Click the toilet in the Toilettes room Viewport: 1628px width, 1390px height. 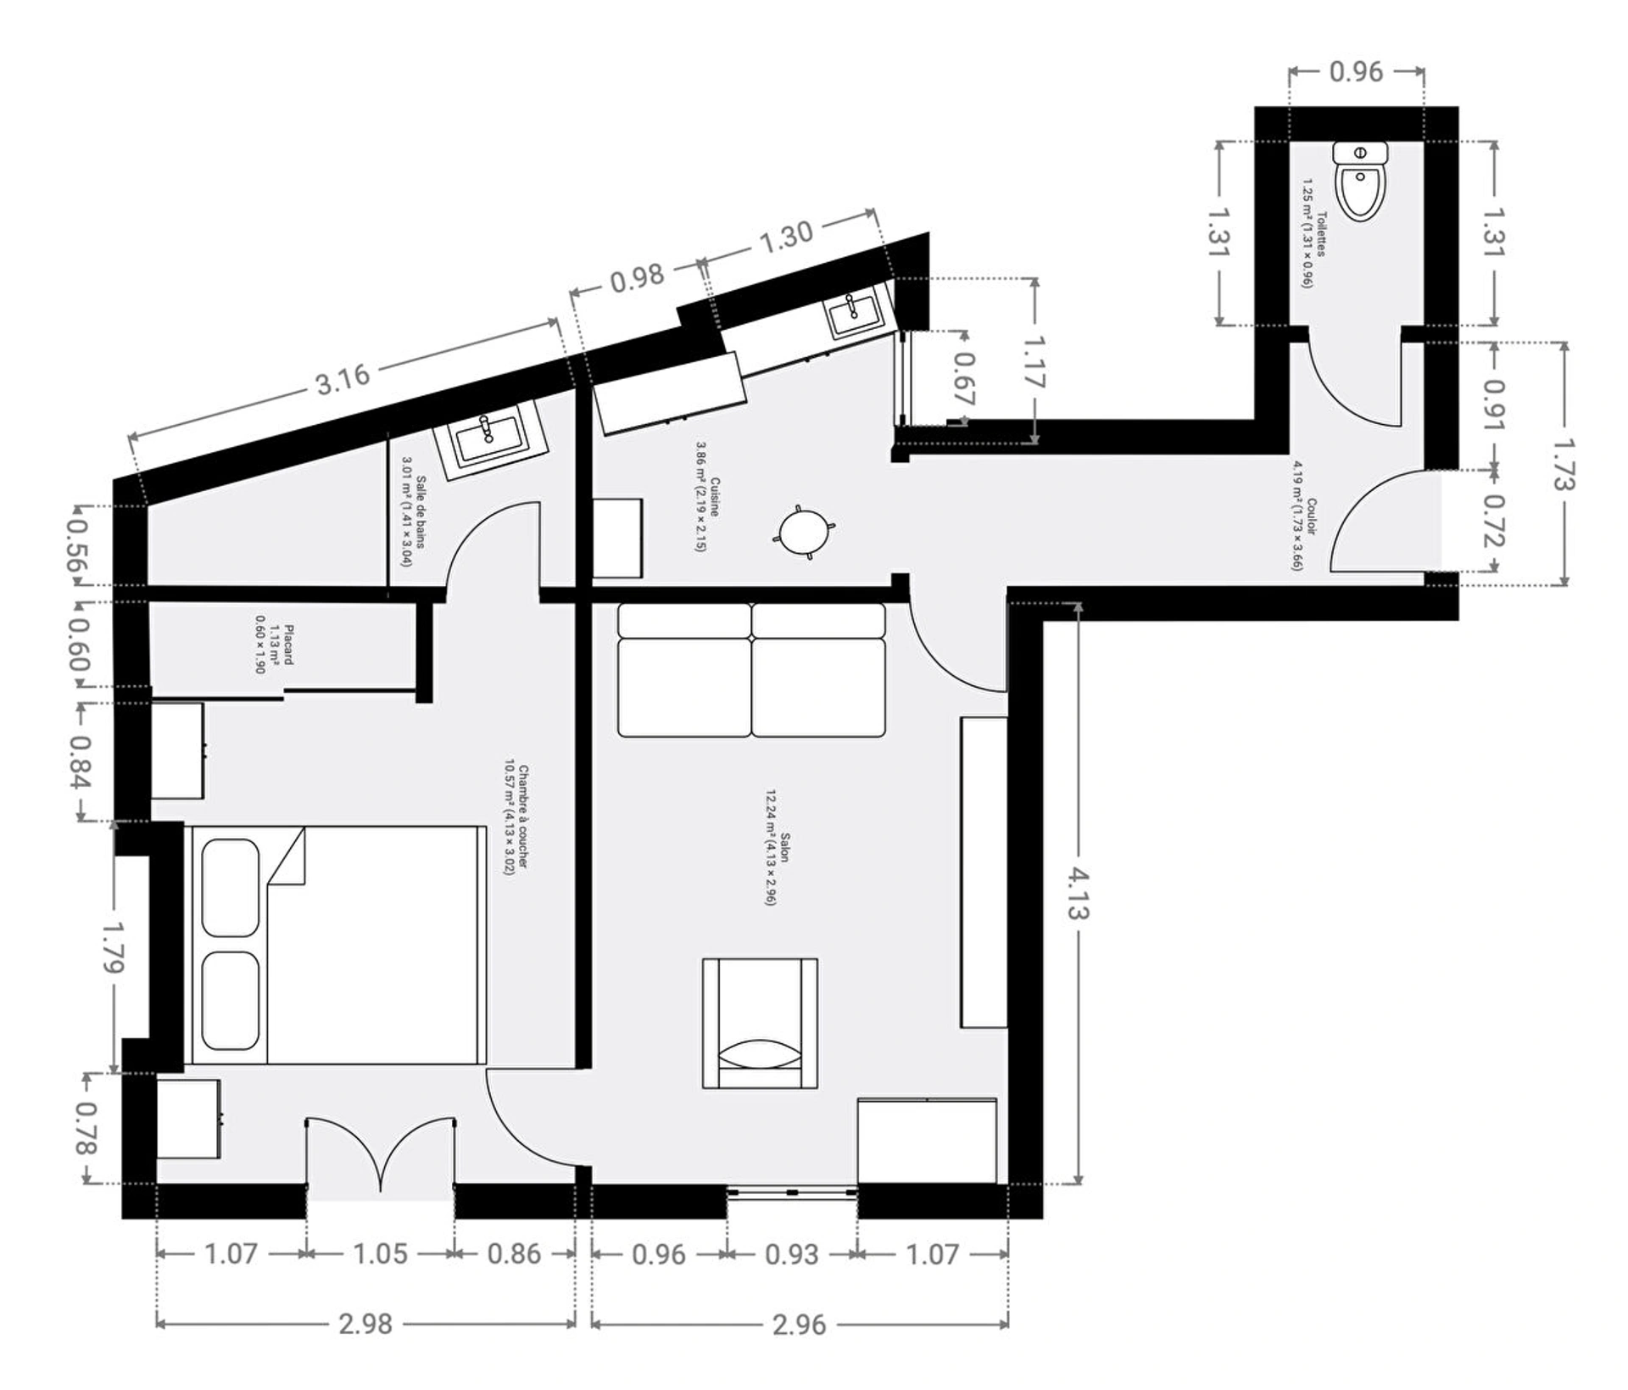pyautogui.click(x=1360, y=181)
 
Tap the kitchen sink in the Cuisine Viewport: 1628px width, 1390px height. pyautogui.click(x=856, y=315)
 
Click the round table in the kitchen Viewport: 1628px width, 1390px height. pyautogui.click(x=803, y=532)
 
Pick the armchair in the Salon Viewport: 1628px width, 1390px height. pyautogui.click(x=761, y=1024)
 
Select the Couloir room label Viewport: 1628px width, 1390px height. pyautogui.click(x=1304, y=515)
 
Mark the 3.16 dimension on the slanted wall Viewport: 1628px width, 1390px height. pyautogui.click(x=343, y=378)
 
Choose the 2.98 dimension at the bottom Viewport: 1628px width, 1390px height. pyautogui.click(x=365, y=1324)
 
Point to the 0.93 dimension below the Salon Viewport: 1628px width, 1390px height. pyautogui.click(x=792, y=1254)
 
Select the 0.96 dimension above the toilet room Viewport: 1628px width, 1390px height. pyautogui.click(x=1356, y=72)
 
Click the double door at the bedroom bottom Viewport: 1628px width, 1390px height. pyautogui.click(x=380, y=1158)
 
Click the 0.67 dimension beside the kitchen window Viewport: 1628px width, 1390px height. pyautogui.click(x=964, y=377)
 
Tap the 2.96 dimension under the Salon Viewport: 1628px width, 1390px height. pyautogui.click(x=799, y=1324)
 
